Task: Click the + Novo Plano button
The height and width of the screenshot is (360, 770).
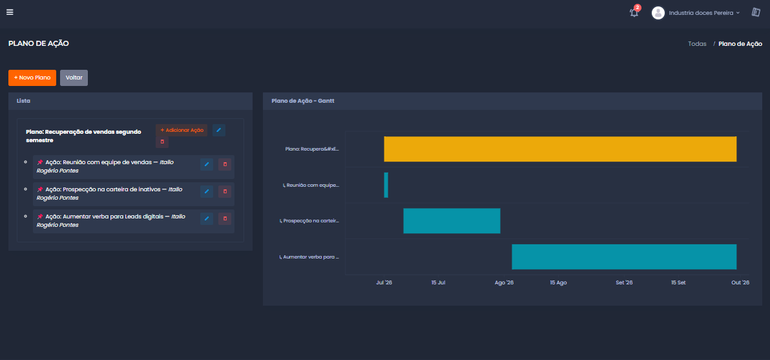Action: tap(32, 78)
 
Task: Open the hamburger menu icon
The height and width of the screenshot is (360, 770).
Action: tap(10, 12)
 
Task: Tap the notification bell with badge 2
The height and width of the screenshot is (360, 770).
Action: tap(634, 12)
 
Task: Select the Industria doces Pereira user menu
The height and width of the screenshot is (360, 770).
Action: tap(695, 13)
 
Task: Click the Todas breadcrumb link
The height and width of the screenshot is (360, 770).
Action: tap(697, 44)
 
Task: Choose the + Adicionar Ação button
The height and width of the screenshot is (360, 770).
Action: tap(182, 130)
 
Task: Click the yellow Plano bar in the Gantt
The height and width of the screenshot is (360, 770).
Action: tap(560, 149)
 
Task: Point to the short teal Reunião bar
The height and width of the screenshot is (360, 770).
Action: tap(386, 185)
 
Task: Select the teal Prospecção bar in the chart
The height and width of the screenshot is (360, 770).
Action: tap(452, 221)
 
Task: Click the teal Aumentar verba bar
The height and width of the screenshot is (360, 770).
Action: tap(624, 257)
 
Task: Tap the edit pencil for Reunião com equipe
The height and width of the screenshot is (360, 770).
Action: tap(207, 164)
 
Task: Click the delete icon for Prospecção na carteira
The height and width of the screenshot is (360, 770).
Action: tap(225, 191)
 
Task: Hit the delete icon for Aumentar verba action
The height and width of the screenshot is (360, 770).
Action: tap(225, 218)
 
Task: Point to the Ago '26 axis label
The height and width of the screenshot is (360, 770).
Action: tap(505, 283)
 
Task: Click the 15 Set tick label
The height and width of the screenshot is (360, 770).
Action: tap(678, 283)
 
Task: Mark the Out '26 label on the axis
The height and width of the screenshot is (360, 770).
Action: tap(740, 283)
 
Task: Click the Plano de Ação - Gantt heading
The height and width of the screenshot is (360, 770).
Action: tap(303, 101)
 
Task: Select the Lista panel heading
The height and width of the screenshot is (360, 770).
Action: tap(23, 101)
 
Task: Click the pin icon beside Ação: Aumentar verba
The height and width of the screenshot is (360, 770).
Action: tap(40, 217)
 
